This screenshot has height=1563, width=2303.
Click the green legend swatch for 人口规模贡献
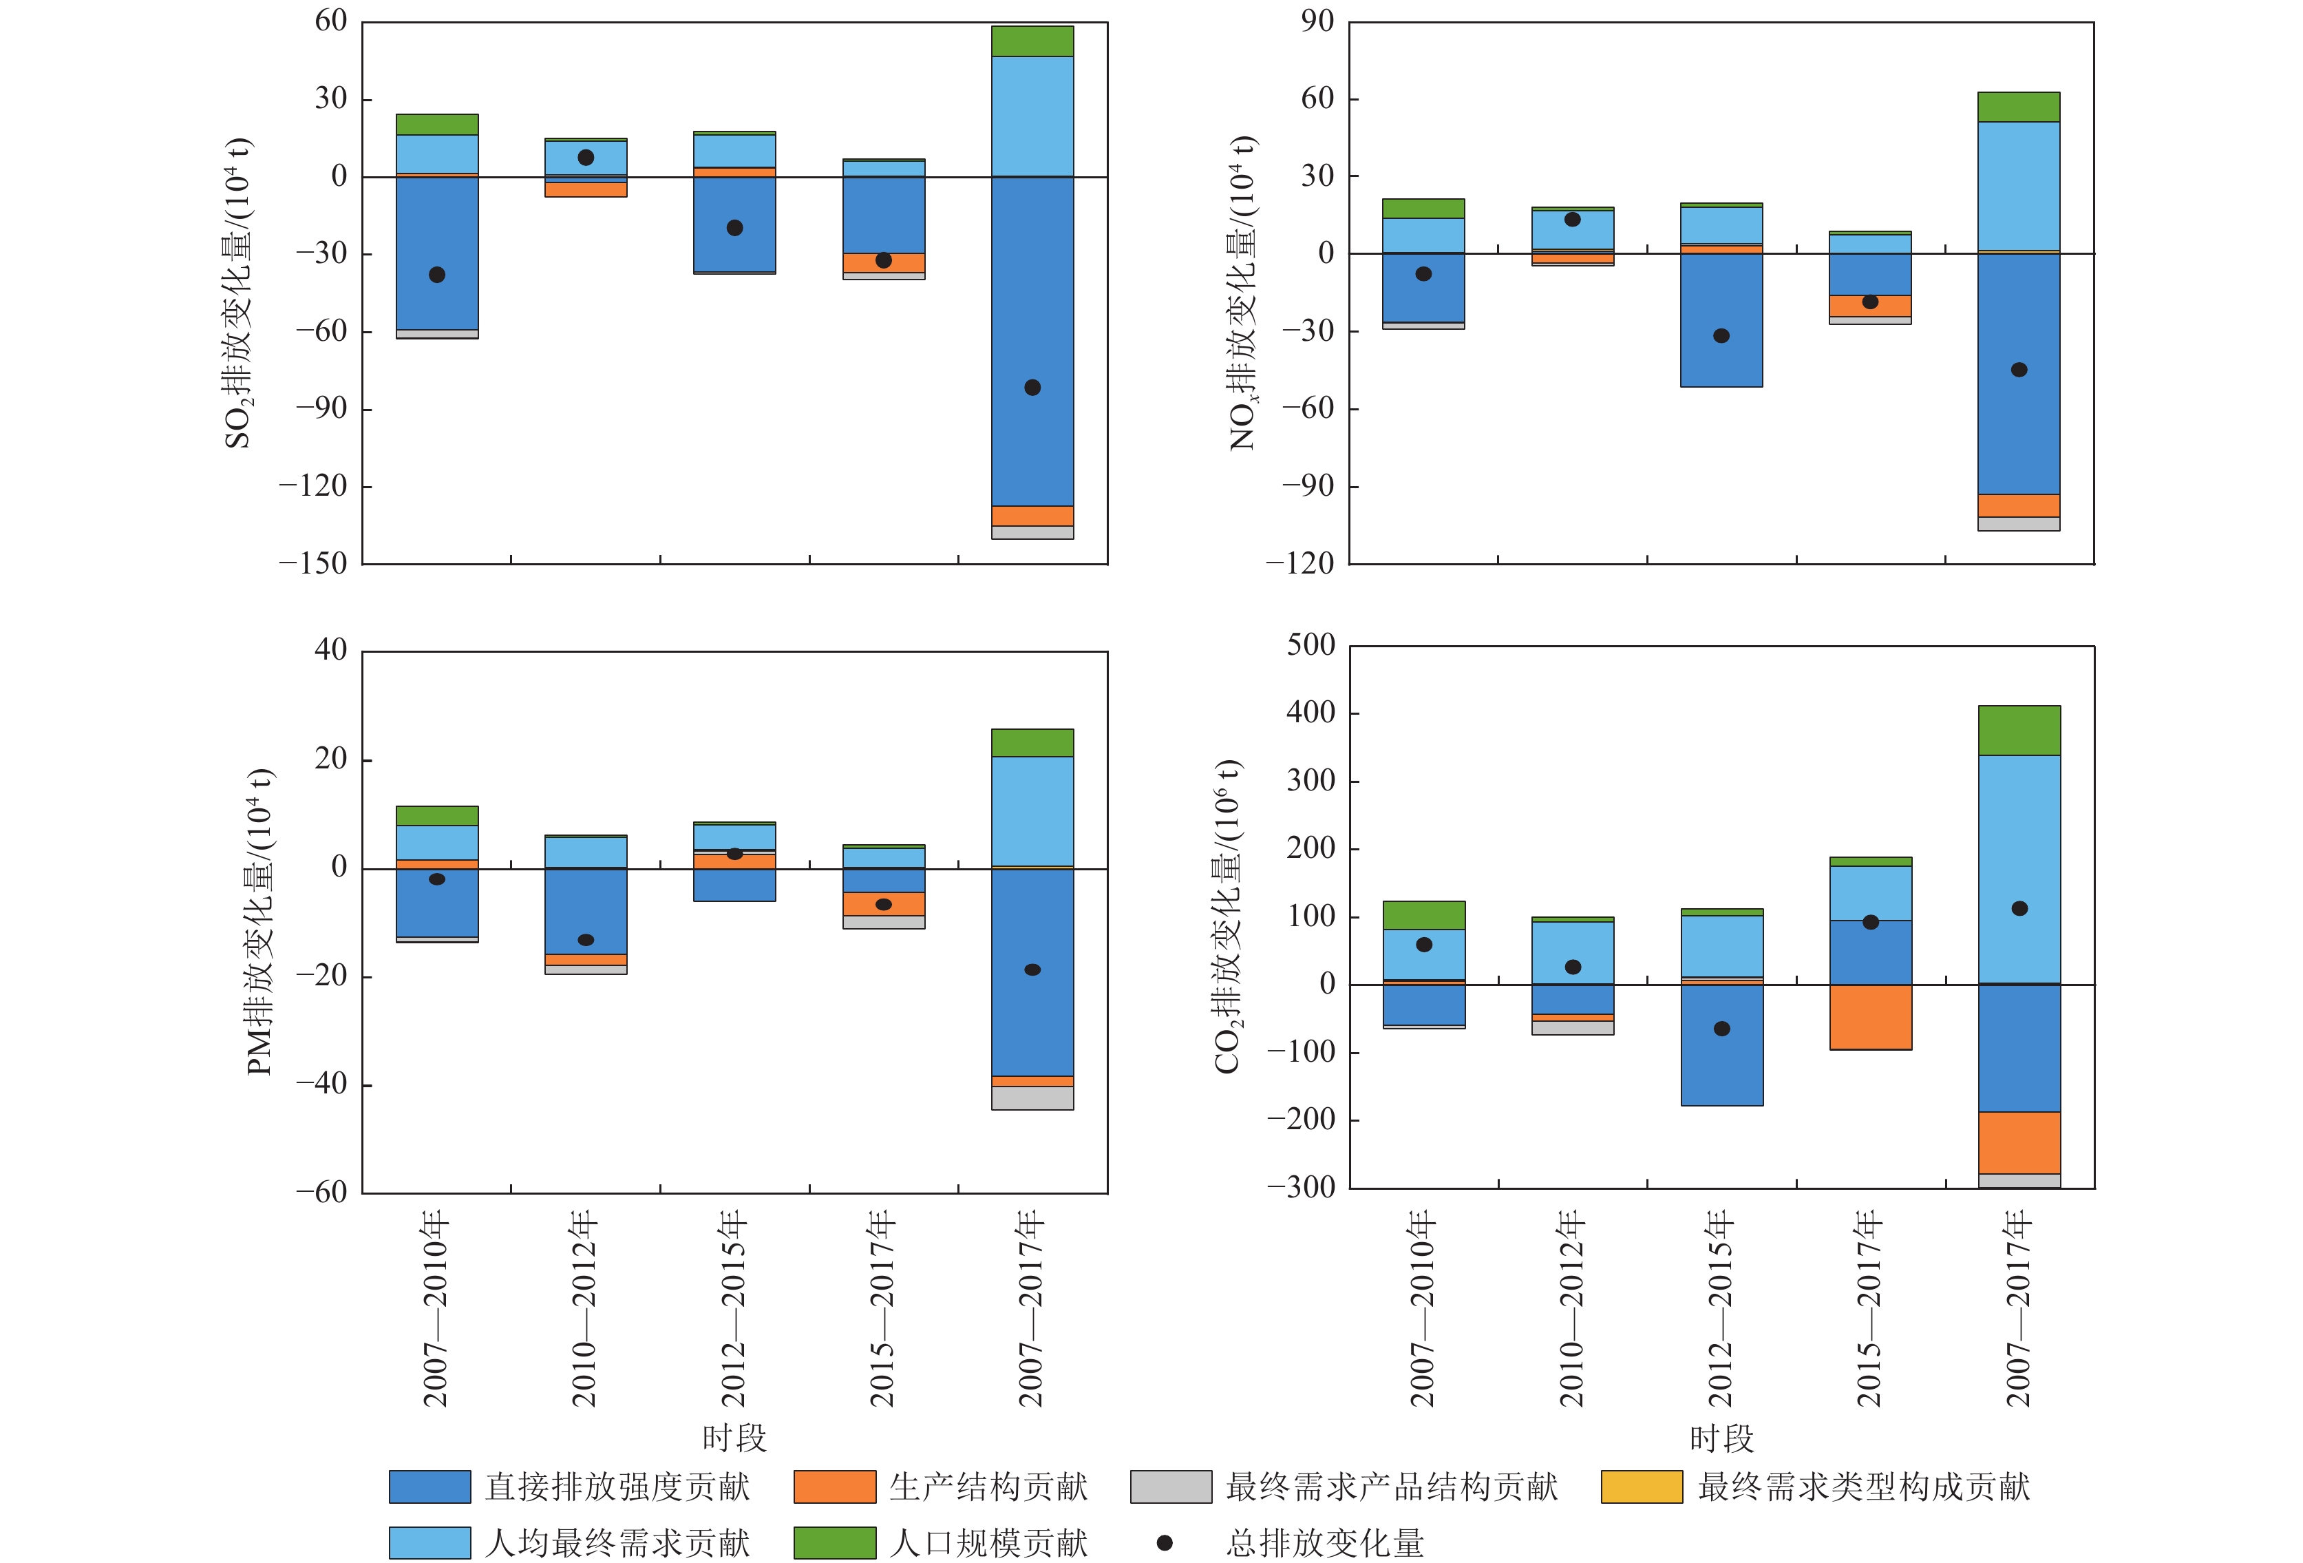coord(834,1542)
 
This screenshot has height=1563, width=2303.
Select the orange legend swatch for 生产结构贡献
coord(834,1487)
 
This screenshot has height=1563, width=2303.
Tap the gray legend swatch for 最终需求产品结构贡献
coord(1170,1487)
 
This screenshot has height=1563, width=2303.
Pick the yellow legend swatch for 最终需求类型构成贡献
coord(1641,1487)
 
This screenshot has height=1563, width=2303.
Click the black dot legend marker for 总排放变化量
coord(1165,1543)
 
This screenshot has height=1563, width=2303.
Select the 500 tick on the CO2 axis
coord(1310,645)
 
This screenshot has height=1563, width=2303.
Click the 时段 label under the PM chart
coord(734,1437)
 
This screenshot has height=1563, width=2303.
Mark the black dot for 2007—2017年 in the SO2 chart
coord(1032,388)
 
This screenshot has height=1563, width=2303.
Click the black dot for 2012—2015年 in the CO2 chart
coord(1722,1029)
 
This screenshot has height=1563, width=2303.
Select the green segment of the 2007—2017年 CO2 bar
coord(2019,731)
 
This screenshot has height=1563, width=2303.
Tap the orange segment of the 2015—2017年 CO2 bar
coord(1871,1017)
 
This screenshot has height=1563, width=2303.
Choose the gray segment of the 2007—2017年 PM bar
coord(1032,1098)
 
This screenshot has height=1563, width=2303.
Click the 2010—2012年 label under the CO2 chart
coord(1573,1308)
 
